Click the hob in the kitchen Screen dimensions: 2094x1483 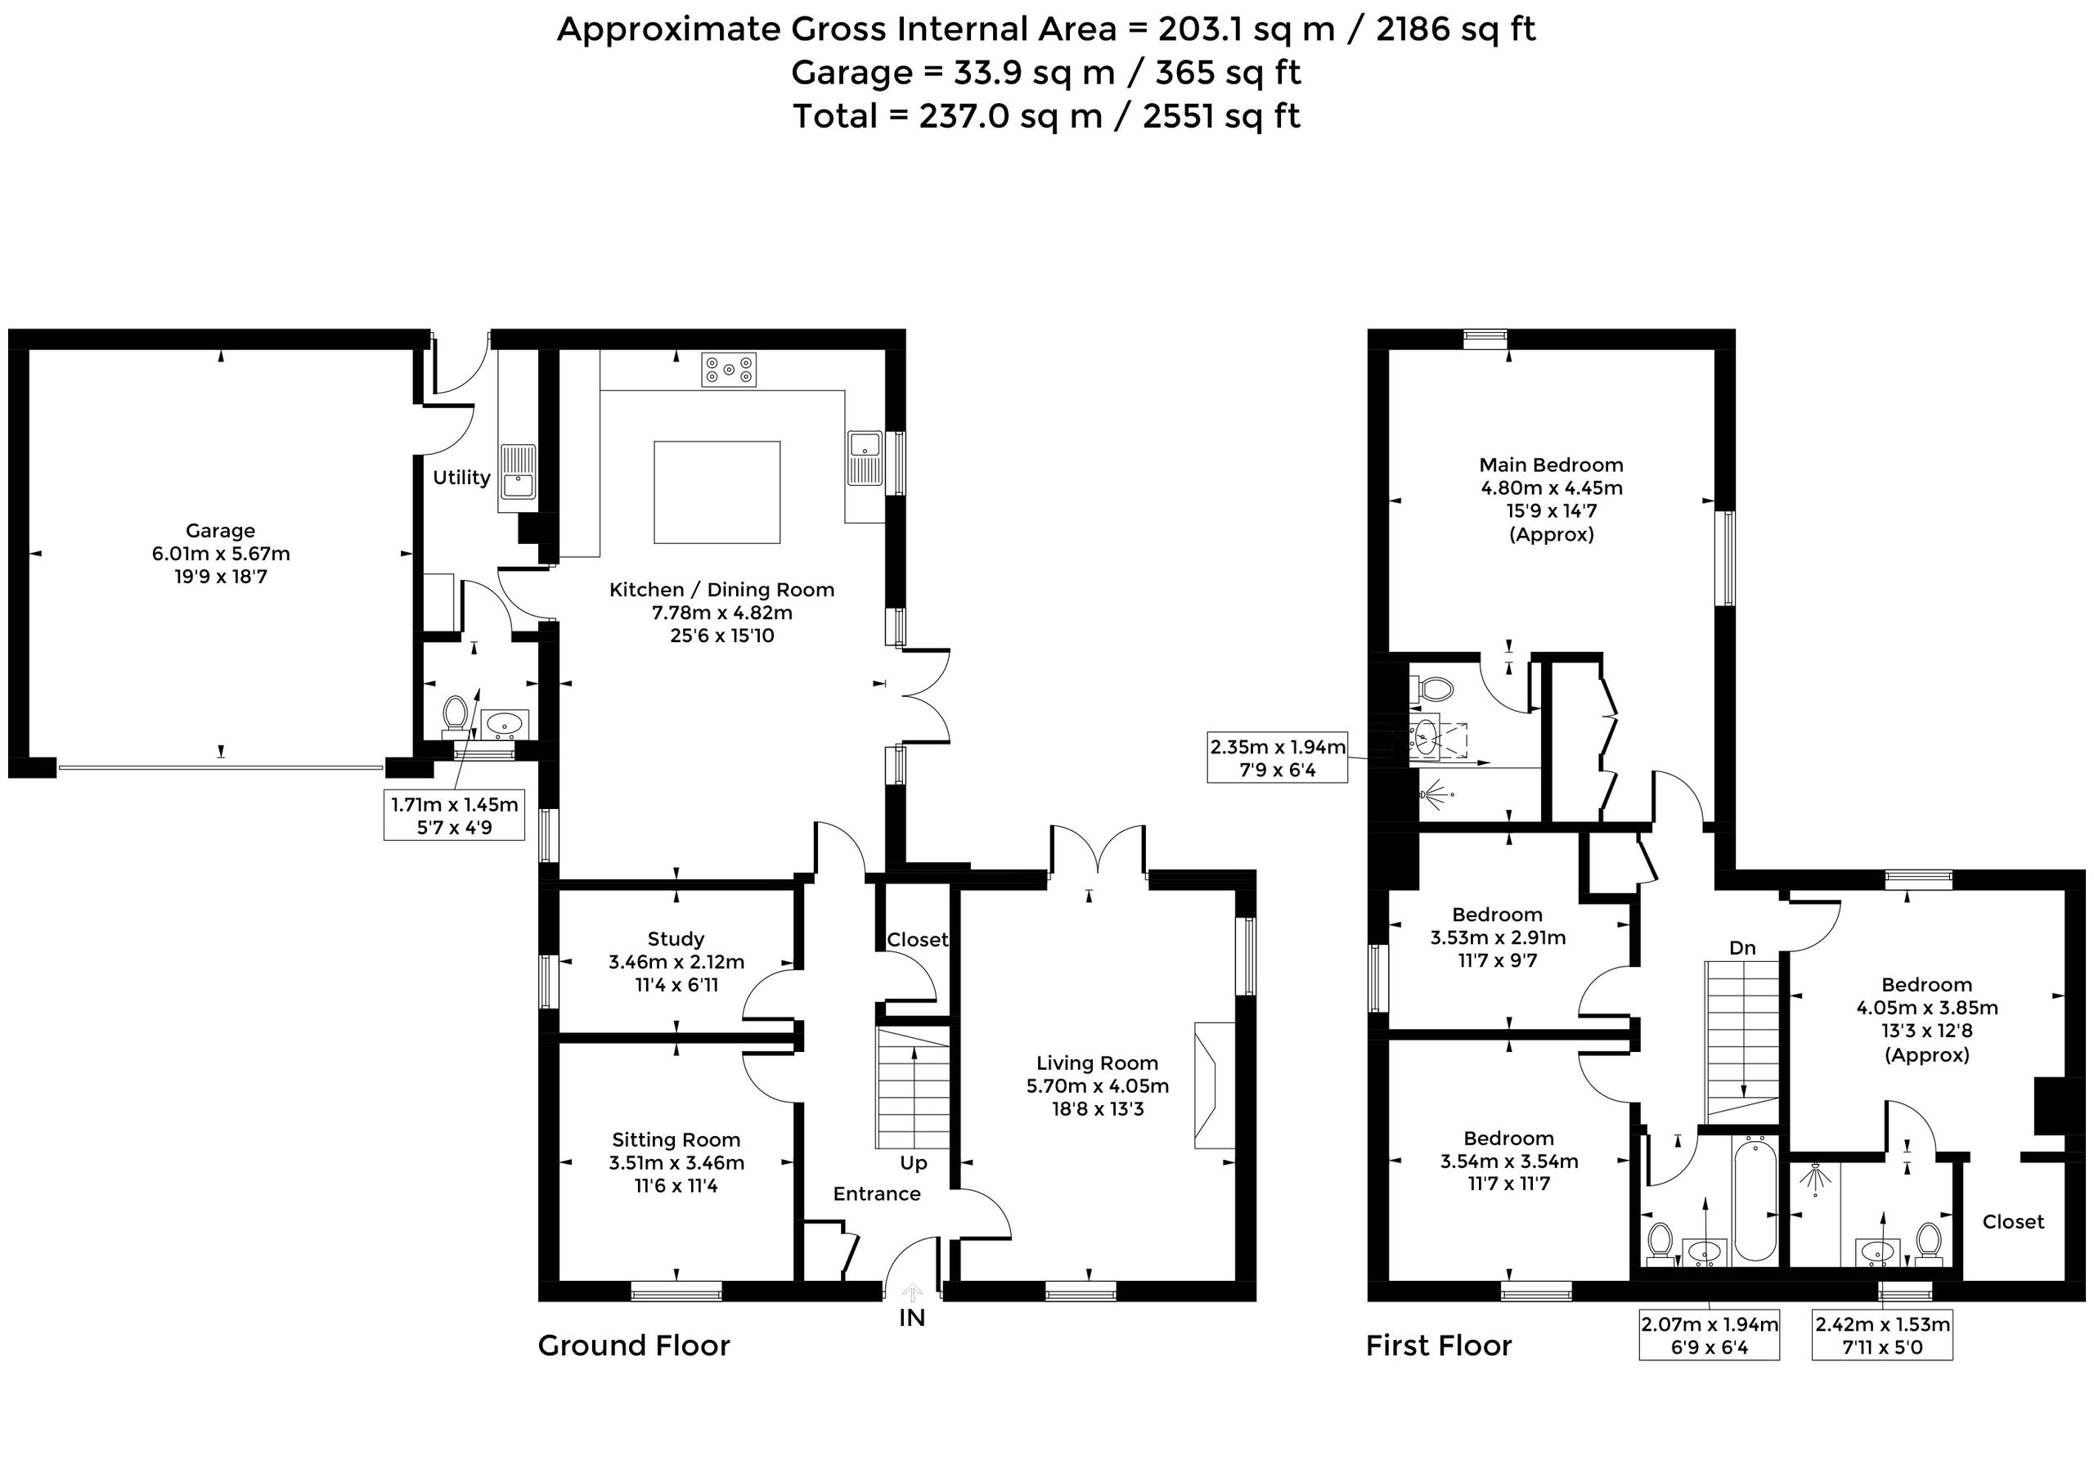tap(729, 370)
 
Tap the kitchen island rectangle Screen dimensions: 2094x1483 tap(717, 492)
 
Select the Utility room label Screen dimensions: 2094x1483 tap(461, 478)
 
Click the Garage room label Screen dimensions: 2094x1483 tap(220, 531)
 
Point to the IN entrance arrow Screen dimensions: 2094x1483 tap(912, 1292)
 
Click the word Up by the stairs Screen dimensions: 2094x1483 tap(913, 1163)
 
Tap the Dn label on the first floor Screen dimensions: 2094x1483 tap(1742, 948)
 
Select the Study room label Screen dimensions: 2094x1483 tap(676, 940)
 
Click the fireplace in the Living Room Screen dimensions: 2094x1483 tap(1215, 1084)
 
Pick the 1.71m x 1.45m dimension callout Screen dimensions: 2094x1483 tap(454, 816)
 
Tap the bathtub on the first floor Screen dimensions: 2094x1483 tap(1755, 1199)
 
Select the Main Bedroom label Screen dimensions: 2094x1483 tap(1551, 465)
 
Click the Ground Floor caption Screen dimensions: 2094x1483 tap(634, 1345)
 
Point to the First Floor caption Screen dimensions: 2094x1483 tap(1438, 1345)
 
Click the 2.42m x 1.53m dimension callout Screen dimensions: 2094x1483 tap(1882, 1335)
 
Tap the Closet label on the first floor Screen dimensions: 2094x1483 tap(2013, 1222)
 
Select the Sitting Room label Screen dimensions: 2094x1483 tap(676, 1139)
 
